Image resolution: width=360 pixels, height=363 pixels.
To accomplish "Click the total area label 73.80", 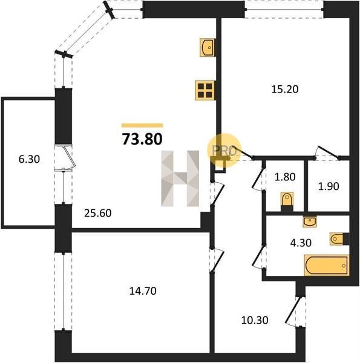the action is (x=142, y=139).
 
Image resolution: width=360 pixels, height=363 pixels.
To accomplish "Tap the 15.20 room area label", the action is (x=285, y=89).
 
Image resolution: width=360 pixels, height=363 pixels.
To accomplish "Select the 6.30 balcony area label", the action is (x=29, y=159).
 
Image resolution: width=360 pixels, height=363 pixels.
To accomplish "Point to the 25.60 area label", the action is (x=97, y=213).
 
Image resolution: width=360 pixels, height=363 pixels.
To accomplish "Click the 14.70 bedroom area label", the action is (x=143, y=291).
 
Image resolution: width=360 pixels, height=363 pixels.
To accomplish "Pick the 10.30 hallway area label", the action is (x=255, y=320).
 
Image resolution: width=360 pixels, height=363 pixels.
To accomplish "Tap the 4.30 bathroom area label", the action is (x=301, y=243).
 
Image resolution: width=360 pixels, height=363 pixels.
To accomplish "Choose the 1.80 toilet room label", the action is (x=285, y=177).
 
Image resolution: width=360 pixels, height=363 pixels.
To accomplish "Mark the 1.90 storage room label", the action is (x=329, y=186).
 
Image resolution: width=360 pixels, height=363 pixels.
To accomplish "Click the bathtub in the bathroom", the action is (x=327, y=266).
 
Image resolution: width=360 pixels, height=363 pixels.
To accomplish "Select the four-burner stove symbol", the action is (x=205, y=90).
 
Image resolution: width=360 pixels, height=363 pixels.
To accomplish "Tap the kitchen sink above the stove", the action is (x=207, y=47).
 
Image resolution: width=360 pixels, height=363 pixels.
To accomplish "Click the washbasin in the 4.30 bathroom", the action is (x=310, y=221).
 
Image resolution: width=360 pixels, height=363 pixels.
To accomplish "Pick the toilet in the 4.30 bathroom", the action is (x=339, y=239).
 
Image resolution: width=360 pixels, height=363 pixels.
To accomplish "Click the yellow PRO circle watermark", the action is (x=224, y=151).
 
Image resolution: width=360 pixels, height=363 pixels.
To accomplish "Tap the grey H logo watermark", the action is (x=180, y=178).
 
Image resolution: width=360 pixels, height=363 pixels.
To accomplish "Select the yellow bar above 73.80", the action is (x=142, y=125).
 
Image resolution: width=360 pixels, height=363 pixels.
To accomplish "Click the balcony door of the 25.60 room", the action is (x=65, y=157).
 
